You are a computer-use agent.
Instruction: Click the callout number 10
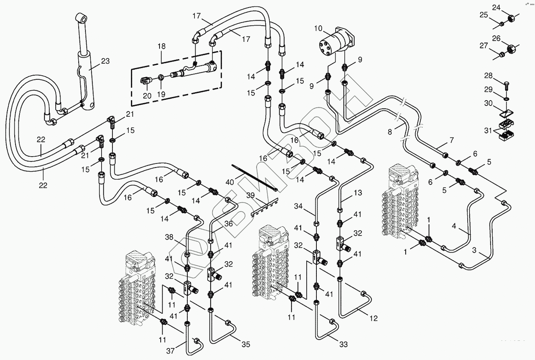(318, 29)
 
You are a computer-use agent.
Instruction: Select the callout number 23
(105, 61)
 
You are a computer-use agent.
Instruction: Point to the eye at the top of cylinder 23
(82, 18)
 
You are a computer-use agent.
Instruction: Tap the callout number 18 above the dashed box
(161, 46)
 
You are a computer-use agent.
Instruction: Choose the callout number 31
(488, 131)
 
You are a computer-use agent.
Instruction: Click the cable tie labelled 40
(255, 177)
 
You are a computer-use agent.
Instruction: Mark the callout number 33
(343, 344)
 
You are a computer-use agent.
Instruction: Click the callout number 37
(170, 351)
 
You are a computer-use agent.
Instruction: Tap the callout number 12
(374, 318)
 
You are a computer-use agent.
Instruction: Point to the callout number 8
(390, 132)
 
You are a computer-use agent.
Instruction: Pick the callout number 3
(474, 250)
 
